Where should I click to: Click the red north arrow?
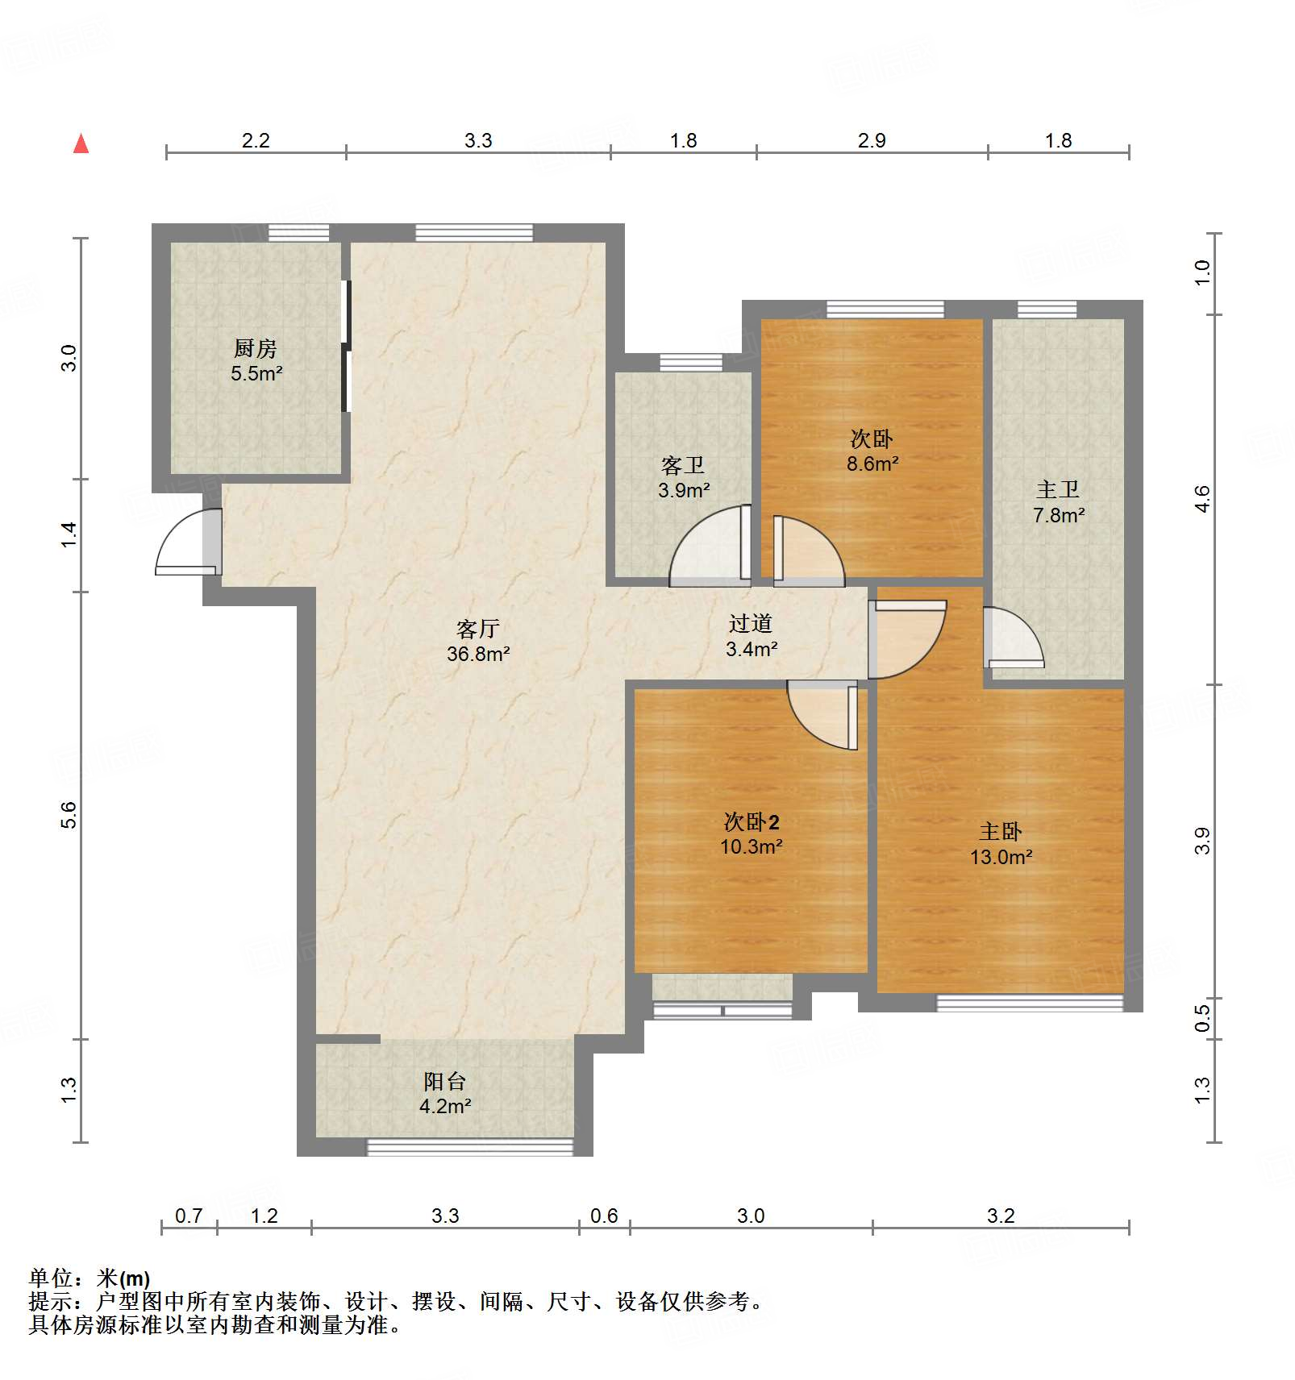point(81,143)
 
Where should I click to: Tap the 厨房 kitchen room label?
point(255,348)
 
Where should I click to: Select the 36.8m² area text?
point(478,654)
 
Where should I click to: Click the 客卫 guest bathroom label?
point(683,465)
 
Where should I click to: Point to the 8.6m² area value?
point(872,463)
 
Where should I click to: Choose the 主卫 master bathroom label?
point(1058,489)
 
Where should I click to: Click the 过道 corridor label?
point(751,623)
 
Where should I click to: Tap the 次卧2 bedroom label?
point(752,821)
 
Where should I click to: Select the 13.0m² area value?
point(1001,857)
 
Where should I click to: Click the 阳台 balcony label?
point(445,1081)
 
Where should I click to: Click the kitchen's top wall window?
point(298,233)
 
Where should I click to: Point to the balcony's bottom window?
point(470,1146)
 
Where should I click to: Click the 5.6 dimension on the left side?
point(69,815)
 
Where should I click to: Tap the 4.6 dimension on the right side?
point(1202,499)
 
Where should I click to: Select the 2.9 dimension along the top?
point(872,140)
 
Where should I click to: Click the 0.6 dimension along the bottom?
point(604,1216)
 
